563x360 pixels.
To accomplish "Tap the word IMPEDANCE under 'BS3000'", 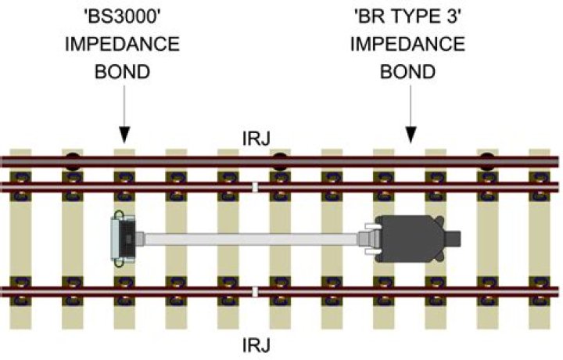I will [122, 45].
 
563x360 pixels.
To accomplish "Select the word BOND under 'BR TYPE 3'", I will [407, 72].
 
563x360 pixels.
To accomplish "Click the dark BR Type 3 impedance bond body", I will [409, 236].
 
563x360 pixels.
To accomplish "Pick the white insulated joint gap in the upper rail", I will [256, 187].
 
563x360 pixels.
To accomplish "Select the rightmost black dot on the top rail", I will [487, 162].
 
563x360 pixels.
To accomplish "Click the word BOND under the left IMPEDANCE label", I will [122, 72].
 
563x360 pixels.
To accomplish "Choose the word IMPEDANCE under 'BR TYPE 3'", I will [407, 45].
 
